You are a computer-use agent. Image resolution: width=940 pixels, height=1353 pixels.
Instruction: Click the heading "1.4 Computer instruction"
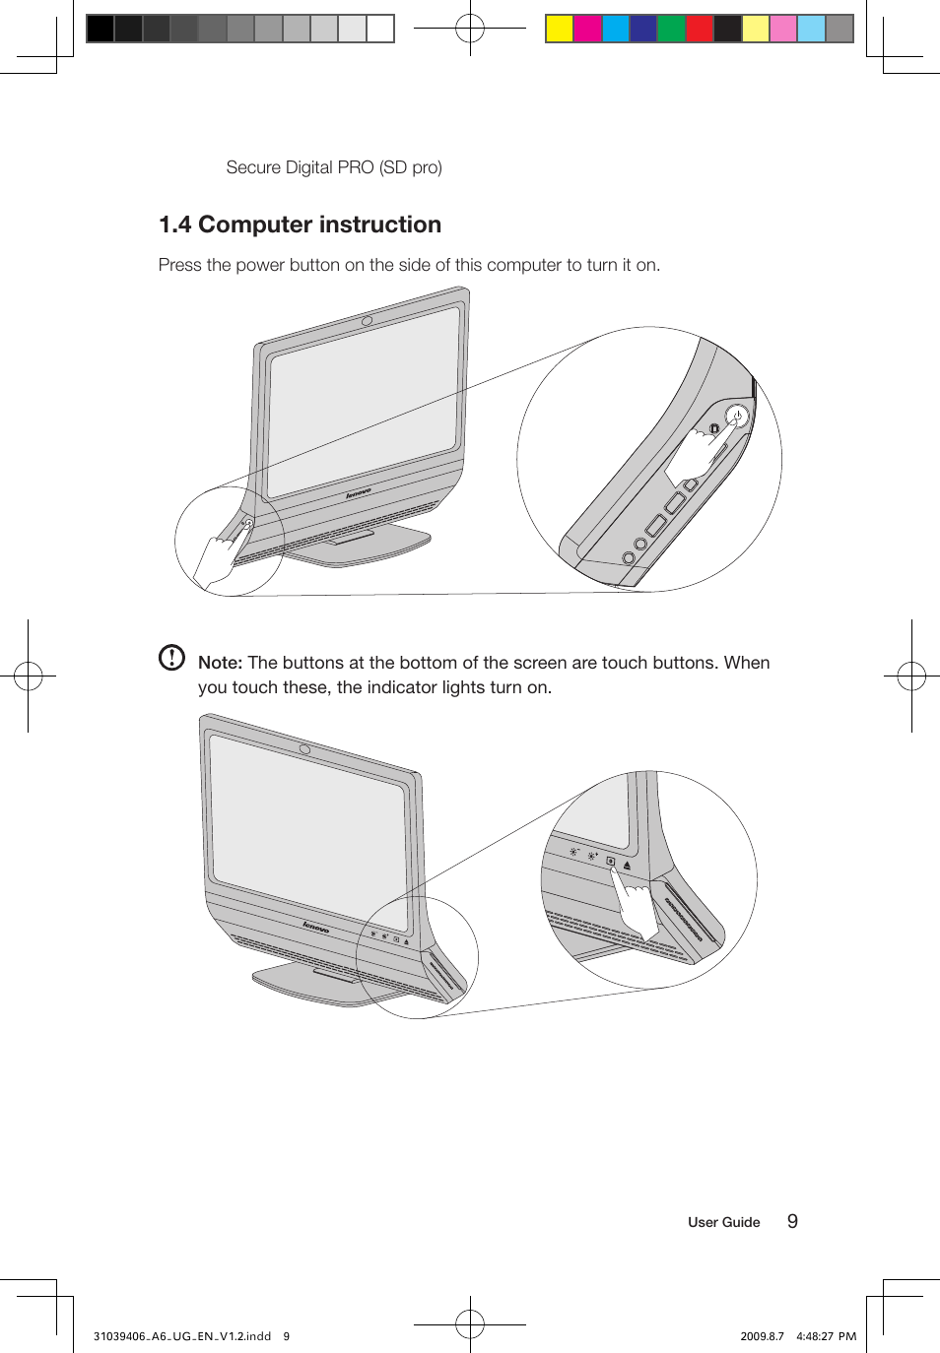coord(300,225)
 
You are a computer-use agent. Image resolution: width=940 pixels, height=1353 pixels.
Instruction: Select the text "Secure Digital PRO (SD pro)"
coord(334,167)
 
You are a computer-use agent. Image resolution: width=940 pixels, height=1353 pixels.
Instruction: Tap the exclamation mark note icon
coord(171,658)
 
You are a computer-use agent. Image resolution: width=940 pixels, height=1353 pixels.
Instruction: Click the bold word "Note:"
coord(220,663)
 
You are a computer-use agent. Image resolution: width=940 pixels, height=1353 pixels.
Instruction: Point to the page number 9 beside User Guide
coord(792,1221)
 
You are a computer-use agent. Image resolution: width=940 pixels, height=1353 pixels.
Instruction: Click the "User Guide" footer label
coord(723,1222)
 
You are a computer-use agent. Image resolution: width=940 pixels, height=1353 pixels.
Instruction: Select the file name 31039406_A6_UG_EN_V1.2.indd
coord(182,1336)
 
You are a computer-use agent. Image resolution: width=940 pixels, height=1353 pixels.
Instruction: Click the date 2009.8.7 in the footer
coord(762,1336)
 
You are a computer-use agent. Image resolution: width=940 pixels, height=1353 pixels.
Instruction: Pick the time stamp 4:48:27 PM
coord(826,1336)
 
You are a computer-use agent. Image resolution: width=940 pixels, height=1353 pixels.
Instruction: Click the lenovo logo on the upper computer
coord(358,492)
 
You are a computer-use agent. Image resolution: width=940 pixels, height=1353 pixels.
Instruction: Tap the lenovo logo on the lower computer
coord(315,927)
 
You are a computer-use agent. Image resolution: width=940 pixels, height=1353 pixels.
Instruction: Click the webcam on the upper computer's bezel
coord(367,321)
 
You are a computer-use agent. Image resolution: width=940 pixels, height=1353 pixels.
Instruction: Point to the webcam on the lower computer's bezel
coord(305,749)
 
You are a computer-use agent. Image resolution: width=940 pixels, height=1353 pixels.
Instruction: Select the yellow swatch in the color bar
coord(560,29)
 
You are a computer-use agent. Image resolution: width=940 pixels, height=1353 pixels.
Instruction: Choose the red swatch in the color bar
coord(700,29)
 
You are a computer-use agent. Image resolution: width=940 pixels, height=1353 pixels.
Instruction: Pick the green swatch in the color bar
coord(671,29)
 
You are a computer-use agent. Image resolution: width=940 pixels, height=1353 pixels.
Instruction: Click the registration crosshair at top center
coord(470,29)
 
